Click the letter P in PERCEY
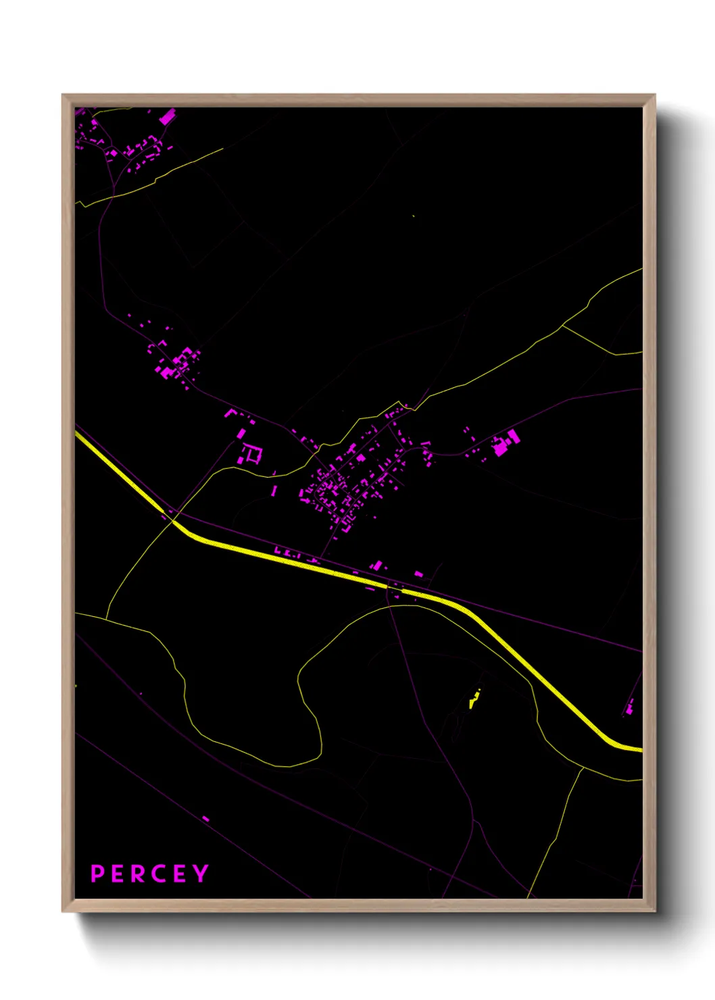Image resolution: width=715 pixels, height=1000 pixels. click(x=97, y=874)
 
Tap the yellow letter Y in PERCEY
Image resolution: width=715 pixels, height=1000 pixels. click(x=200, y=874)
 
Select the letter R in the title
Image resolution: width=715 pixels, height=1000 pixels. click(x=137, y=874)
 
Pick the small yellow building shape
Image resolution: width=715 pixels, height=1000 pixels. click(x=474, y=700)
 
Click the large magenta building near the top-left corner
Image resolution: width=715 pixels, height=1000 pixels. click(x=167, y=117)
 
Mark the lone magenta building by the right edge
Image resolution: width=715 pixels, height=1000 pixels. click(x=630, y=707)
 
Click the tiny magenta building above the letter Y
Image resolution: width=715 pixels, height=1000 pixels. click(x=205, y=819)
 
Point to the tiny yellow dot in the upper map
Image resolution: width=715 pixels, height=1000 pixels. click(x=413, y=216)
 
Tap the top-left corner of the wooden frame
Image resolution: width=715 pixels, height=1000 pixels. click(x=63, y=95)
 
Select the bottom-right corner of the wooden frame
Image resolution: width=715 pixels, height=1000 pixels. click(x=654, y=911)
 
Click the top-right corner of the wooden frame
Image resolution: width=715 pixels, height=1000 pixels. click(x=654, y=95)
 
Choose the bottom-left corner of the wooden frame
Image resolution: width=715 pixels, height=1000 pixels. click(x=63, y=911)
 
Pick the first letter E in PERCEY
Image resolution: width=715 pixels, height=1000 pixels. click(x=117, y=874)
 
